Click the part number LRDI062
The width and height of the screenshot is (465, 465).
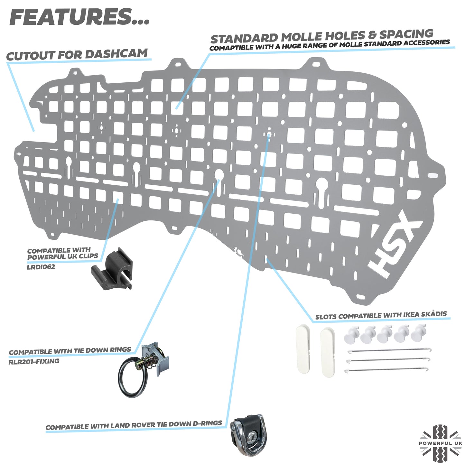(x=41, y=267)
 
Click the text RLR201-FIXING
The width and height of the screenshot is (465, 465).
(x=34, y=361)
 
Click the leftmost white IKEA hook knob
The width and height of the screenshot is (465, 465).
(x=351, y=335)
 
